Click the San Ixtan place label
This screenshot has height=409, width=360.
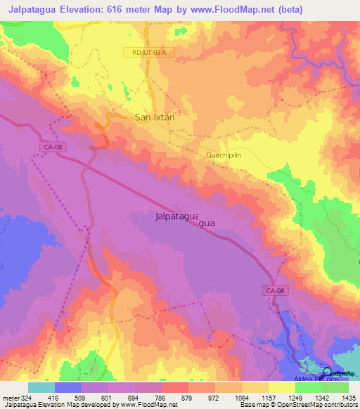(154, 118)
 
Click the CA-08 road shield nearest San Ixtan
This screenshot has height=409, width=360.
(49, 145)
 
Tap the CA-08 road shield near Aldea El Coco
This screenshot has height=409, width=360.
(276, 290)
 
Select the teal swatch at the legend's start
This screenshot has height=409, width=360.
(41, 387)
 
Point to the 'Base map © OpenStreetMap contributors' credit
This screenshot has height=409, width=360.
(297, 405)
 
